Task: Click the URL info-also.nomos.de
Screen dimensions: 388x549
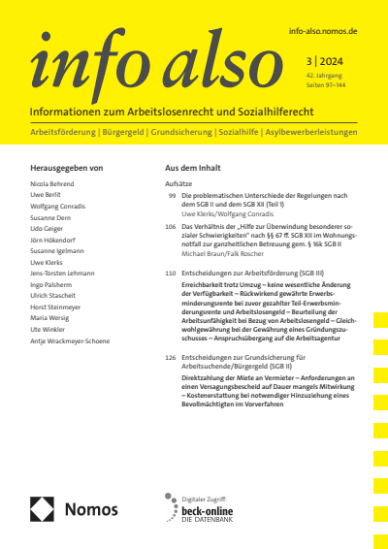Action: click(x=324, y=31)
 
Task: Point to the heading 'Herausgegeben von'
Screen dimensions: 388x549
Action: click(x=67, y=168)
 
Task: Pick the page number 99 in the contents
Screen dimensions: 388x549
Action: click(x=171, y=195)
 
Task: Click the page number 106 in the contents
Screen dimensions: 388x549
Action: click(x=170, y=226)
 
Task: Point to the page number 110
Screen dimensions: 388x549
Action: click(x=170, y=274)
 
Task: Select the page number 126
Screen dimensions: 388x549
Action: click(x=170, y=358)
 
